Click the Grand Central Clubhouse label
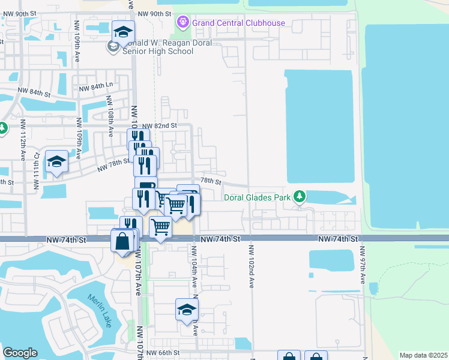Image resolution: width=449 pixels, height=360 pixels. (x=238, y=23)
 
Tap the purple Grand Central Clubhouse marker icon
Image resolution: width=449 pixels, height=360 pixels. (x=182, y=23)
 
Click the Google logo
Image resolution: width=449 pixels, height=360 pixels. (x=20, y=353)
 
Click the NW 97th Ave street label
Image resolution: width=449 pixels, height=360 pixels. (x=363, y=265)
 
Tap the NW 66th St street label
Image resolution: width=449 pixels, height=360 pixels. (x=163, y=353)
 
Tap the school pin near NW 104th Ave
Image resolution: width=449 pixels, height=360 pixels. (x=187, y=310)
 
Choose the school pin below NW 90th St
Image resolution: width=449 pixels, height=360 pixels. (x=123, y=32)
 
